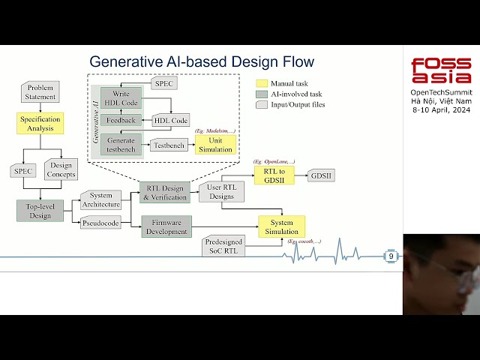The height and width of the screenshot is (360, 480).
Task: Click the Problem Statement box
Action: pyautogui.click(x=40, y=92)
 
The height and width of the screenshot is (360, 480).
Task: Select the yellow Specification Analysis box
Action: pyautogui.click(x=40, y=124)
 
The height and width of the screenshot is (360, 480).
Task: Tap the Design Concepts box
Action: pyautogui.click(x=61, y=170)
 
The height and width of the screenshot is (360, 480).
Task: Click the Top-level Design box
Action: pyautogui.click(x=40, y=211)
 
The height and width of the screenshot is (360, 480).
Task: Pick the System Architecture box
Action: pyautogui.click(x=100, y=200)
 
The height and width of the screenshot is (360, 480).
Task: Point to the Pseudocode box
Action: pyautogui.click(x=100, y=223)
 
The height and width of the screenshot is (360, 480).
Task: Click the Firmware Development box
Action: pyautogui.click(x=166, y=226)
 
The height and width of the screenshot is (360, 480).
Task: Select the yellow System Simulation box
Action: pyautogui.click(x=281, y=226)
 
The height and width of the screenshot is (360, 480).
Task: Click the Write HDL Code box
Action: pyautogui.click(x=121, y=98)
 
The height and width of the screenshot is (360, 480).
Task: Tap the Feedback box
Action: pyautogui.click(x=121, y=120)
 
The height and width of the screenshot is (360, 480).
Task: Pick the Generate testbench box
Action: pyautogui.click(x=121, y=145)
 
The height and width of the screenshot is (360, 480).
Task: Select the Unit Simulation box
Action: pyautogui.click(x=214, y=145)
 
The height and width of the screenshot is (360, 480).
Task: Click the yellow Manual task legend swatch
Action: pyautogui.click(x=262, y=83)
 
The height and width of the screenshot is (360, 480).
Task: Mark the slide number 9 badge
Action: pyautogui.click(x=391, y=256)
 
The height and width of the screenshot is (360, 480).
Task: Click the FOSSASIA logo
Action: pyautogui.click(x=441, y=70)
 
